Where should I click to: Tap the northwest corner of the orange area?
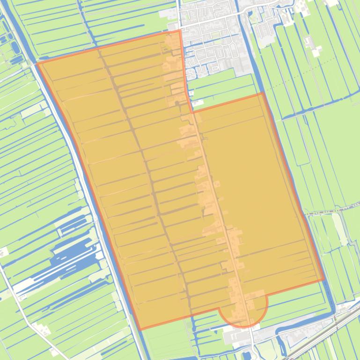37,63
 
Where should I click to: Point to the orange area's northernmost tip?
180,31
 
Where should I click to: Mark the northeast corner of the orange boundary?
263,94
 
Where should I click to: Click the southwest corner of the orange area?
140,330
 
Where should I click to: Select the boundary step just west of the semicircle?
219,311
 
